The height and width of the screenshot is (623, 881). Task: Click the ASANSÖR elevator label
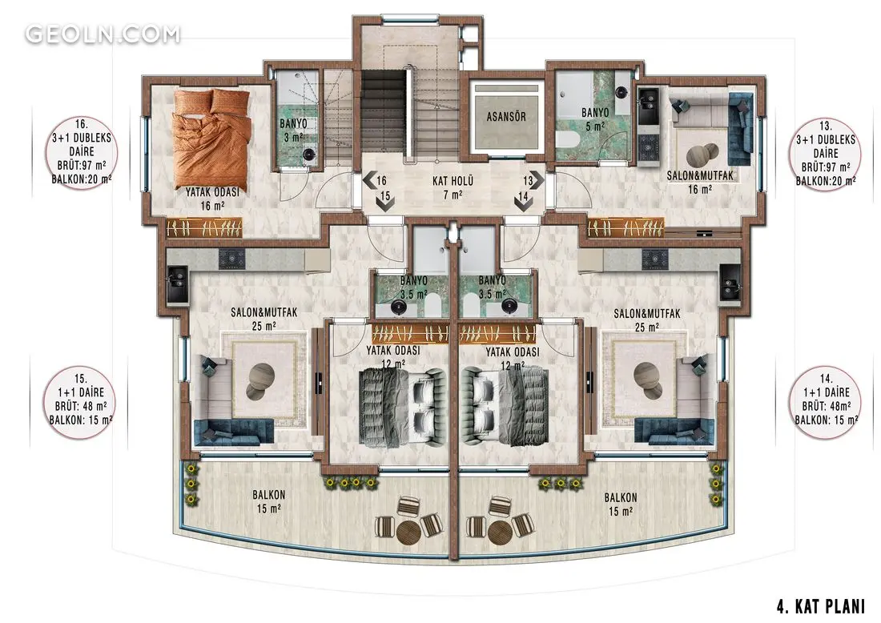[x=505, y=117]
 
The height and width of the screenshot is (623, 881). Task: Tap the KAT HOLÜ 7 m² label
[x=453, y=187]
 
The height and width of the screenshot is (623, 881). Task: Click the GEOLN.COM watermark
[x=103, y=34]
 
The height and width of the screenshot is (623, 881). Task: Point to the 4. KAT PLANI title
[x=820, y=607]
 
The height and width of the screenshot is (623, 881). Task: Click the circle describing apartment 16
[x=82, y=151]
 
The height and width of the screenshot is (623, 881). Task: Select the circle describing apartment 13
[x=826, y=154]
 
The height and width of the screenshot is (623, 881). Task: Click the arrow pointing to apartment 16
[x=369, y=181]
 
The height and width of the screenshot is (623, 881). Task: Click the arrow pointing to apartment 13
[x=538, y=181]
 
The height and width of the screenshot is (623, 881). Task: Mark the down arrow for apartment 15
[x=385, y=204]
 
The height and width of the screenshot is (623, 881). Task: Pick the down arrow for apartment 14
[x=523, y=204]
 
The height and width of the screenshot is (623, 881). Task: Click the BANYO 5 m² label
[x=595, y=119]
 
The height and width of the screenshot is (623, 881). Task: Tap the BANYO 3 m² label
[x=293, y=131]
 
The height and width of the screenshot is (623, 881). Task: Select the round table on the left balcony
[x=409, y=531]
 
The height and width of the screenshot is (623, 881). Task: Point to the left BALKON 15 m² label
[x=268, y=501]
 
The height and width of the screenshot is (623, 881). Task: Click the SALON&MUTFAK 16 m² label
[x=699, y=182]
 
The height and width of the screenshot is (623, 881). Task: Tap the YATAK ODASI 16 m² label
[x=212, y=199]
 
